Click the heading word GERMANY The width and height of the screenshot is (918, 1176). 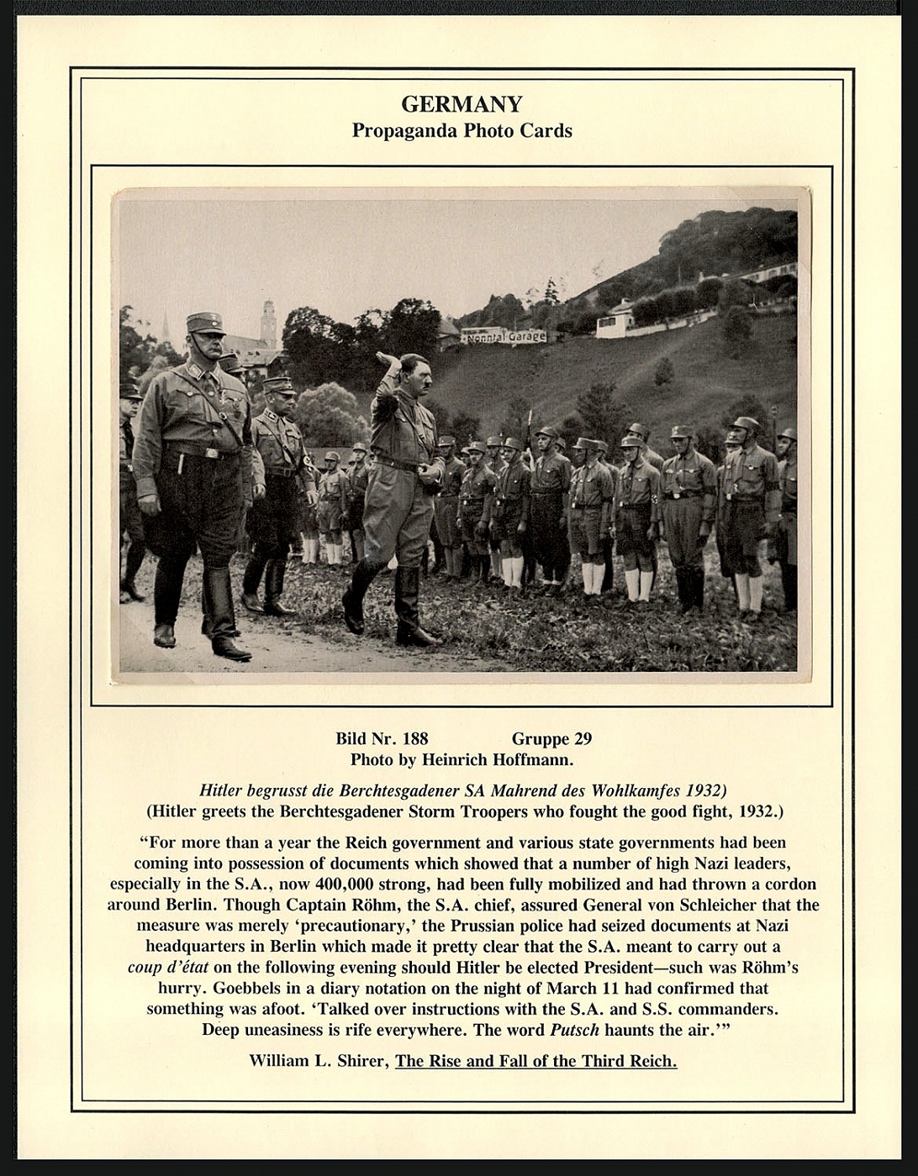[x=462, y=104]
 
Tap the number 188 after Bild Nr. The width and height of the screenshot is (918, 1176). [x=415, y=739]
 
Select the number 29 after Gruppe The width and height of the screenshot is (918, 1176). [x=583, y=739]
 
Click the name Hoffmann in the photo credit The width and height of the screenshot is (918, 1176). [x=535, y=760]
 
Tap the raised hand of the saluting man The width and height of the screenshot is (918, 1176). [x=388, y=359]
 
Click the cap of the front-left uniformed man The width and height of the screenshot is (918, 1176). [x=205, y=322]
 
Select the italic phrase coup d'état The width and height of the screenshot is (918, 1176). [x=169, y=968]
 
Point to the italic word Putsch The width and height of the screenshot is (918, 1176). [x=574, y=1030]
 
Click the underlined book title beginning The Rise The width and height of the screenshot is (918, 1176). [x=535, y=1061]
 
